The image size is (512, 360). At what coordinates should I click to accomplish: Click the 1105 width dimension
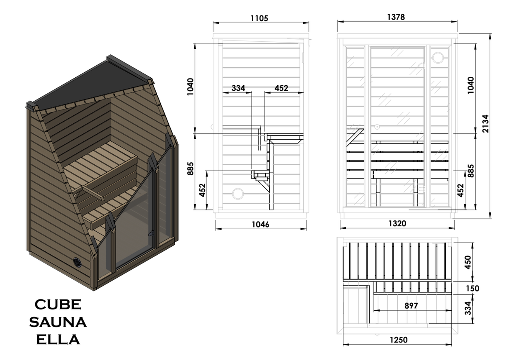(x=259, y=18)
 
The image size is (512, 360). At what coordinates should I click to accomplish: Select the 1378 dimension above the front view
(x=396, y=17)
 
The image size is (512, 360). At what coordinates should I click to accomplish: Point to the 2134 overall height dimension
(x=486, y=124)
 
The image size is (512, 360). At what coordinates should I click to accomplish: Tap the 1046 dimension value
(x=260, y=225)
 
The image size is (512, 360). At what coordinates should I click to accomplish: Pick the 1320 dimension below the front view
(x=397, y=224)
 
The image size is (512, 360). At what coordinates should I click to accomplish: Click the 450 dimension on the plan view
(x=468, y=262)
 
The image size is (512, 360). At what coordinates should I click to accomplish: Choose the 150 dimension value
(x=472, y=288)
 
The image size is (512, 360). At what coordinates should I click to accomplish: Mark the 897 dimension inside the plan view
(x=411, y=306)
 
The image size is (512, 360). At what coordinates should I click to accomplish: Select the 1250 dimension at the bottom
(x=398, y=340)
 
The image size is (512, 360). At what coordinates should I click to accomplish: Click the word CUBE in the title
(x=58, y=305)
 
